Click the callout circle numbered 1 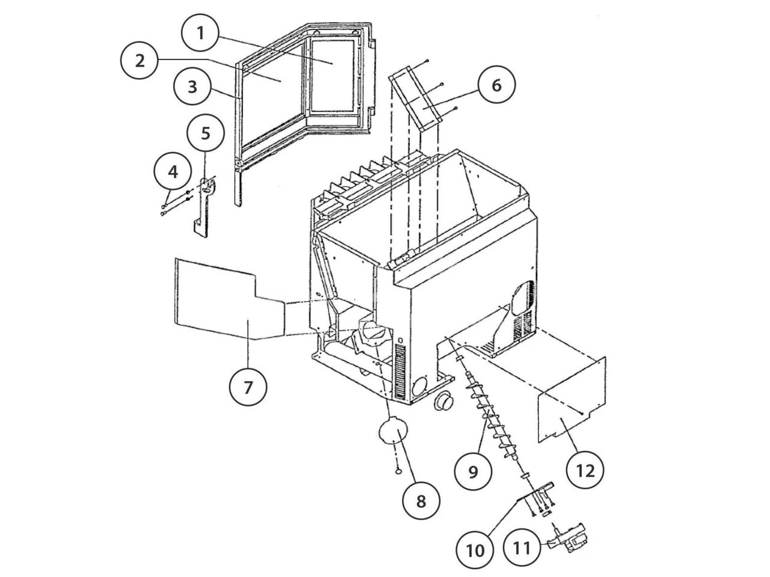(x=201, y=33)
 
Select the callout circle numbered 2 (x=140, y=61)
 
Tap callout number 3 (x=192, y=87)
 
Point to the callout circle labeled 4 (x=173, y=172)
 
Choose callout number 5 (x=206, y=133)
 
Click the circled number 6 (x=496, y=85)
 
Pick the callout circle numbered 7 (x=248, y=387)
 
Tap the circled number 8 (x=420, y=501)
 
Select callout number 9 (x=473, y=471)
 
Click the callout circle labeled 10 (x=475, y=549)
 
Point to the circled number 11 (x=522, y=548)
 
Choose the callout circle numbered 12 (x=585, y=469)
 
